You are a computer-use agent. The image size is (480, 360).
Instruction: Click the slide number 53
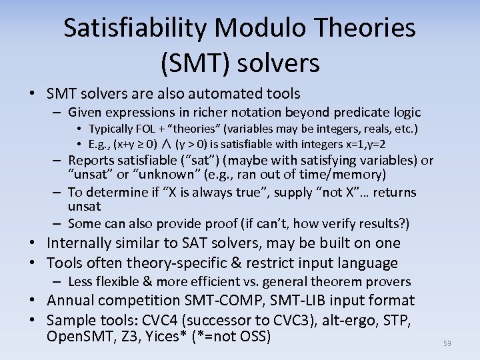point(447,343)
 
